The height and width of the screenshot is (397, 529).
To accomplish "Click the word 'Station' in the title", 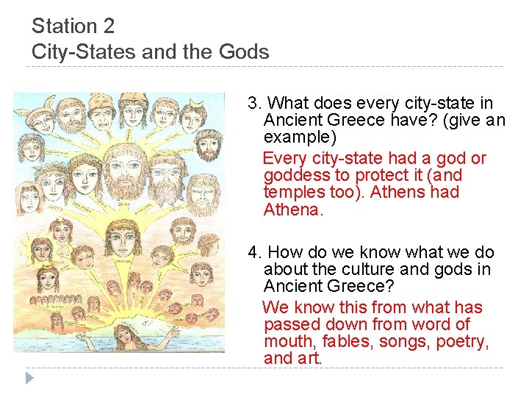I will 63,27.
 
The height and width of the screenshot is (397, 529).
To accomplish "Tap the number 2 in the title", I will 109,27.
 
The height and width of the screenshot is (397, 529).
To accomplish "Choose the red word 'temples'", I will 294,193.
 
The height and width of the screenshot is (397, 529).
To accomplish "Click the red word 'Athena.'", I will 293,210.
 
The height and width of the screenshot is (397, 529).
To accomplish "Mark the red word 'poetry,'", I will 463,342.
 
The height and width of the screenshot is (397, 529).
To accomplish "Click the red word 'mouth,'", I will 289,342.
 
